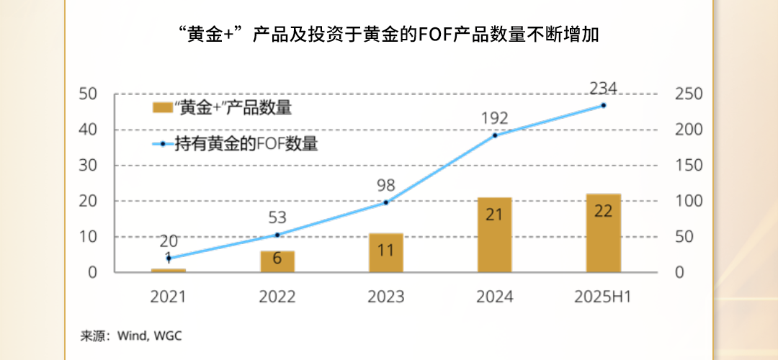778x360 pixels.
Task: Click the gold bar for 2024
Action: pyautogui.click(x=494, y=235)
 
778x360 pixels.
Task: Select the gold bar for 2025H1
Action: pyautogui.click(x=603, y=233)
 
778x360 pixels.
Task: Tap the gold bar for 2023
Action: pyautogui.click(x=385, y=253)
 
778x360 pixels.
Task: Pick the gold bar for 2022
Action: pyautogui.click(x=277, y=261)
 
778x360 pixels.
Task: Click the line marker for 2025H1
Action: pyautogui.click(x=603, y=105)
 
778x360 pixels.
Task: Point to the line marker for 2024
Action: pyautogui.click(x=495, y=135)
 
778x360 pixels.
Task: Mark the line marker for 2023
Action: pyautogui.click(x=386, y=202)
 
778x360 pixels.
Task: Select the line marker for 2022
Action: pyautogui.click(x=277, y=235)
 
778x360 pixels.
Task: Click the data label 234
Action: pyautogui.click(x=603, y=89)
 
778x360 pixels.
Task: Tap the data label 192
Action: pyautogui.click(x=494, y=118)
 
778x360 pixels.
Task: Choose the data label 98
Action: pyautogui.click(x=386, y=186)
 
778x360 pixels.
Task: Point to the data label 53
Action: pyautogui.click(x=277, y=217)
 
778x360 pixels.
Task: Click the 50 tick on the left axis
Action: pyautogui.click(x=88, y=94)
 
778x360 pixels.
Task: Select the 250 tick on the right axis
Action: pyautogui.click(x=688, y=94)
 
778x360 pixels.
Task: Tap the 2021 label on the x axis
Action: pyautogui.click(x=168, y=297)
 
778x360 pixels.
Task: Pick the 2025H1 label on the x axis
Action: pyautogui.click(x=603, y=297)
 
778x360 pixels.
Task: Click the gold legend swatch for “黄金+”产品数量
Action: pyautogui.click(x=162, y=109)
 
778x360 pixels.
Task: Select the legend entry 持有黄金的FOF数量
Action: pyautogui.click(x=246, y=143)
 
